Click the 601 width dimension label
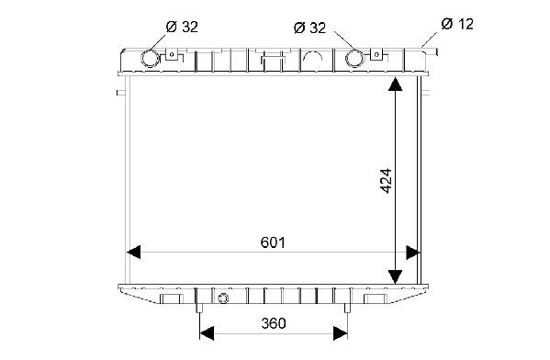(x=273, y=242)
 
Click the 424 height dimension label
(x=386, y=181)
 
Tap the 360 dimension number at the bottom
(x=274, y=323)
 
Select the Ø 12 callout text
(x=457, y=24)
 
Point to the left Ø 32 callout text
(x=182, y=27)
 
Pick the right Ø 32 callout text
(x=310, y=28)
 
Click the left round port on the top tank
(x=150, y=58)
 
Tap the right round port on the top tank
(x=354, y=58)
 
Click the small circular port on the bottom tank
(x=223, y=298)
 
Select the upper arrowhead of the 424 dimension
(x=396, y=84)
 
